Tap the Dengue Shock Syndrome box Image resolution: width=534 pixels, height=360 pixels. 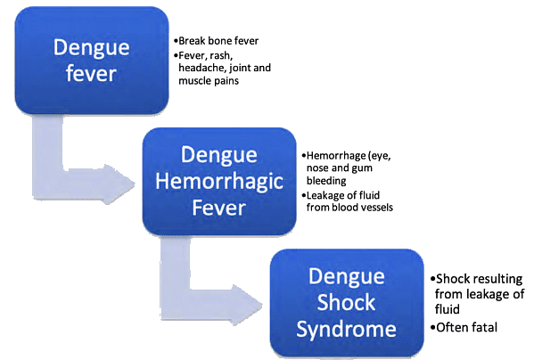click(346, 303)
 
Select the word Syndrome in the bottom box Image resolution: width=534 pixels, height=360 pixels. click(346, 330)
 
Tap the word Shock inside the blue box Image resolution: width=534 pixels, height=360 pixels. click(346, 303)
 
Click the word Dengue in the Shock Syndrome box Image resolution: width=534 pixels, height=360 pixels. click(346, 276)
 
